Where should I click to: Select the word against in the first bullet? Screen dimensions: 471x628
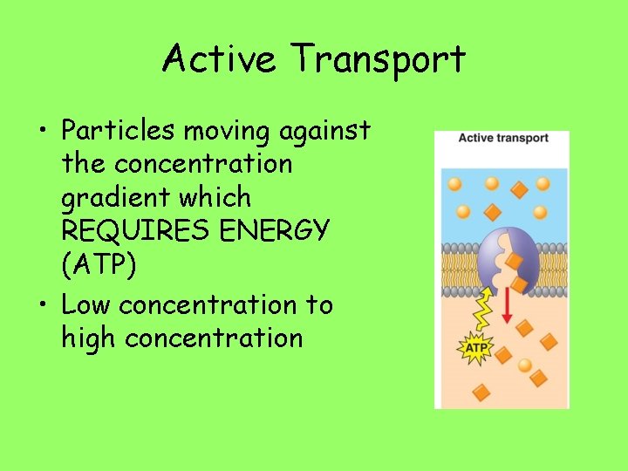point(325,132)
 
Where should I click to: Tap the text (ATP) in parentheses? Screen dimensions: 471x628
point(99,265)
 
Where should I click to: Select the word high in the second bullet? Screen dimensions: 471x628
point(90,338)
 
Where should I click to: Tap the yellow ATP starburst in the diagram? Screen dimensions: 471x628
point(475,350)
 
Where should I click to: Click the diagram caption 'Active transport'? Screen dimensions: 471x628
point(503,138)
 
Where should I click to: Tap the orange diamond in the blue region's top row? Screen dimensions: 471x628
point(518,188)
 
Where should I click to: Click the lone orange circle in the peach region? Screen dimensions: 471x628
point(524,365)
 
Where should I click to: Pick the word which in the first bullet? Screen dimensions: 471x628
point(222,198)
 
